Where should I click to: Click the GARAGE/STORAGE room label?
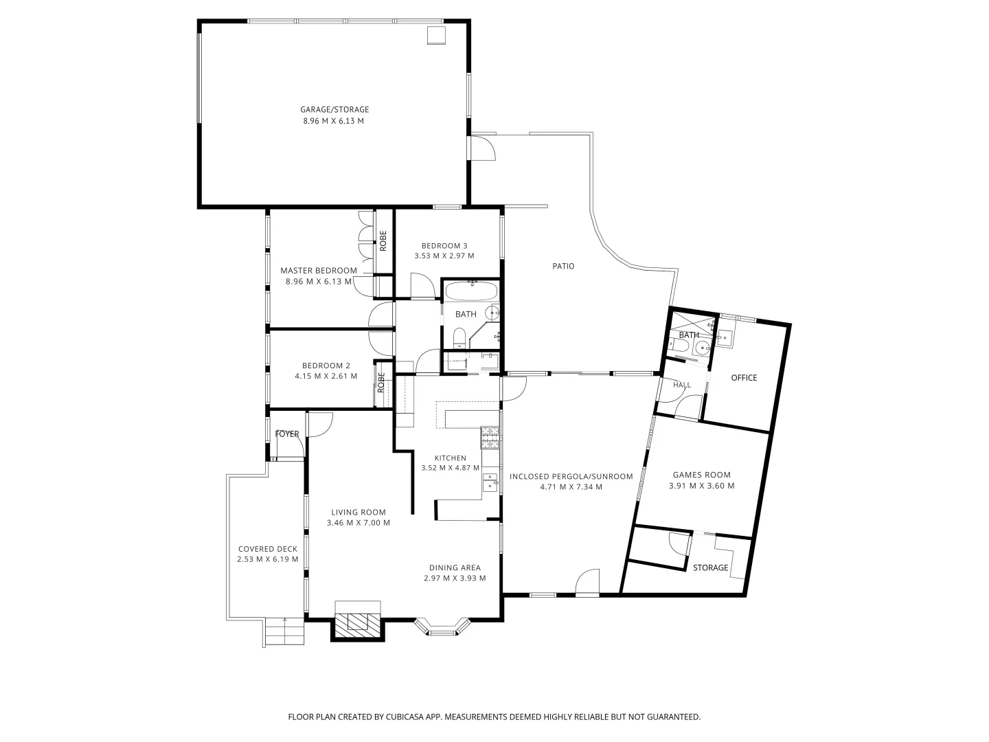click(x=334, y=109)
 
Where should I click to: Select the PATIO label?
click(x=563, y=266)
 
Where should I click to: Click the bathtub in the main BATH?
click(x=471, y=291)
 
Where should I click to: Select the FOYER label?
click(x=287, y=434)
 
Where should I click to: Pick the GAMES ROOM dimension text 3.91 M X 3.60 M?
click(x=701, y=486)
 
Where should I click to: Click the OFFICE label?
click(x=744, y=378)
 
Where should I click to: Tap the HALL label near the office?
click(x=682, y=385)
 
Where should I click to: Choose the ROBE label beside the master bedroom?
click(x=383, y=240)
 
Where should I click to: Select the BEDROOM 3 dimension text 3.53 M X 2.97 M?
click(x=444, y=256)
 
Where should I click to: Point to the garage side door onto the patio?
click(x=482, y=148)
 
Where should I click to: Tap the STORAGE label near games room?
click(x=710, y=567)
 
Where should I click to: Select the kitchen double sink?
click(x=490, y=482)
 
